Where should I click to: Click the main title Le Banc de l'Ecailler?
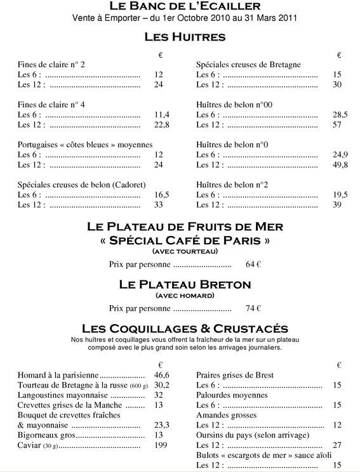point(185,6)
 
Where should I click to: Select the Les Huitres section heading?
point(185,37)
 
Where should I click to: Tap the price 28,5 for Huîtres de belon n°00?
point(340,115)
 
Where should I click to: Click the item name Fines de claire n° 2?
point(51,65)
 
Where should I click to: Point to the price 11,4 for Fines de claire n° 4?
point(162,115)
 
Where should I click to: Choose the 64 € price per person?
point(253,264)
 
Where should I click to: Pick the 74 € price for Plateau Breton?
point(253,309)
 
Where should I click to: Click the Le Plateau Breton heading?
point(185,284)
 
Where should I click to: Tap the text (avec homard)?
point(185,296)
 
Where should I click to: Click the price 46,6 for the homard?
point(162,376)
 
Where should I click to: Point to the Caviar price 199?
point(161,445)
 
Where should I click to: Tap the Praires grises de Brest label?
point(235,376)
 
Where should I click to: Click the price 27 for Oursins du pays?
point(337,445)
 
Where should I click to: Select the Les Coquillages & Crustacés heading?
point(185,329)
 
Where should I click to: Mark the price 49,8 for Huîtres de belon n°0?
point(340,165)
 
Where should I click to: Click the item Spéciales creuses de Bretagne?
point(248,65)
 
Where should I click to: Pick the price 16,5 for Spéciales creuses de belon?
point(162,195)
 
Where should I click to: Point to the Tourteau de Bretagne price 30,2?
point(162,385)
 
